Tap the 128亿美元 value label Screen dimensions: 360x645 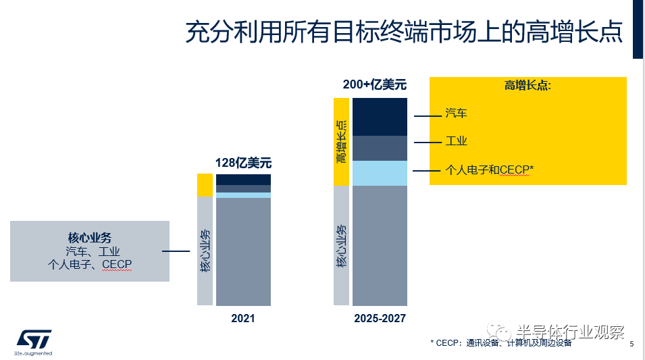point(243,163)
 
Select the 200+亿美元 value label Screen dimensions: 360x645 point(375,85)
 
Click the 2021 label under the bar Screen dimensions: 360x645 point(243,317)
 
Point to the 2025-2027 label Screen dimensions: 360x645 point(380,317)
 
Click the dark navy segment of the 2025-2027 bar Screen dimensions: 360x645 point(380,117)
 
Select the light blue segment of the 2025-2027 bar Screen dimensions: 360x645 point(380,173)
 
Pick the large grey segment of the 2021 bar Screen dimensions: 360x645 point(243,251)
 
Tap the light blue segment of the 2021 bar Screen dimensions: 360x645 point(243,195)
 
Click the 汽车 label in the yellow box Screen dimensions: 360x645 point(457,113)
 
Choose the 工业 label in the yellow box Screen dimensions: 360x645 point(457,141)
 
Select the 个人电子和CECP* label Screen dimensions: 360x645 point(489,170)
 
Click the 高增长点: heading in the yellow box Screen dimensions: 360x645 point(527,86)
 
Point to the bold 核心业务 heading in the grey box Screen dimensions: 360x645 point(89,238)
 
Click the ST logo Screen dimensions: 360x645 point(33,340)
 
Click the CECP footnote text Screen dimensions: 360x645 point(500,343)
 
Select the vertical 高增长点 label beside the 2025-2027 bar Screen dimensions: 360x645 point(342,141)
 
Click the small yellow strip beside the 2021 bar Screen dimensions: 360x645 point(205,185)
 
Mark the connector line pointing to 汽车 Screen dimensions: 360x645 point(427,116)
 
